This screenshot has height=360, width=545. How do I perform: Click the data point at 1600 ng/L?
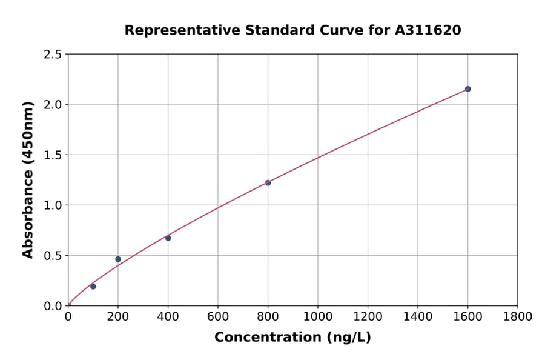coord(467,89)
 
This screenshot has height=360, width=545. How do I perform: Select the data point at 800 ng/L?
coord(268,182)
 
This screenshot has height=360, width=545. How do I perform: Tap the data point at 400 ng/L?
coord(168,238)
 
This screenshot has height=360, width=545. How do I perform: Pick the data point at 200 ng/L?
coord(118,259)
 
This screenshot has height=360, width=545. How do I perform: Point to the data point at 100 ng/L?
coord(93,286)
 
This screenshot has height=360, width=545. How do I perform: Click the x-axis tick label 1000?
coord(318,316)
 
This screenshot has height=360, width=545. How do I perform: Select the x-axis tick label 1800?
coord(518,316)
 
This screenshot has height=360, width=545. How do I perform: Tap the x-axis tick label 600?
coord(218,316)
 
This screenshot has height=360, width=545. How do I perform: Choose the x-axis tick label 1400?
coord(418,316)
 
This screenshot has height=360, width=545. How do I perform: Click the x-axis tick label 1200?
coord(368,316)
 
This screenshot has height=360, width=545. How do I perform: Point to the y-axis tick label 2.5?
coord(53,55)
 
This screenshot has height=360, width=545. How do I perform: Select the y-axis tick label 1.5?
coord(53,155)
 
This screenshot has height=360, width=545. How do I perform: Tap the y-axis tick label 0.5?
coord(53,256)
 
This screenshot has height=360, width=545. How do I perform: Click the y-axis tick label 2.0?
coord(53,105)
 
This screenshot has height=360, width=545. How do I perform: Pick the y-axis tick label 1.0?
coord(53,205)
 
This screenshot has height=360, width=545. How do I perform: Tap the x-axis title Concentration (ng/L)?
coord(292,338)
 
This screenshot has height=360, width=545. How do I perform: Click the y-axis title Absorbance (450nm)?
coord(28,180)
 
